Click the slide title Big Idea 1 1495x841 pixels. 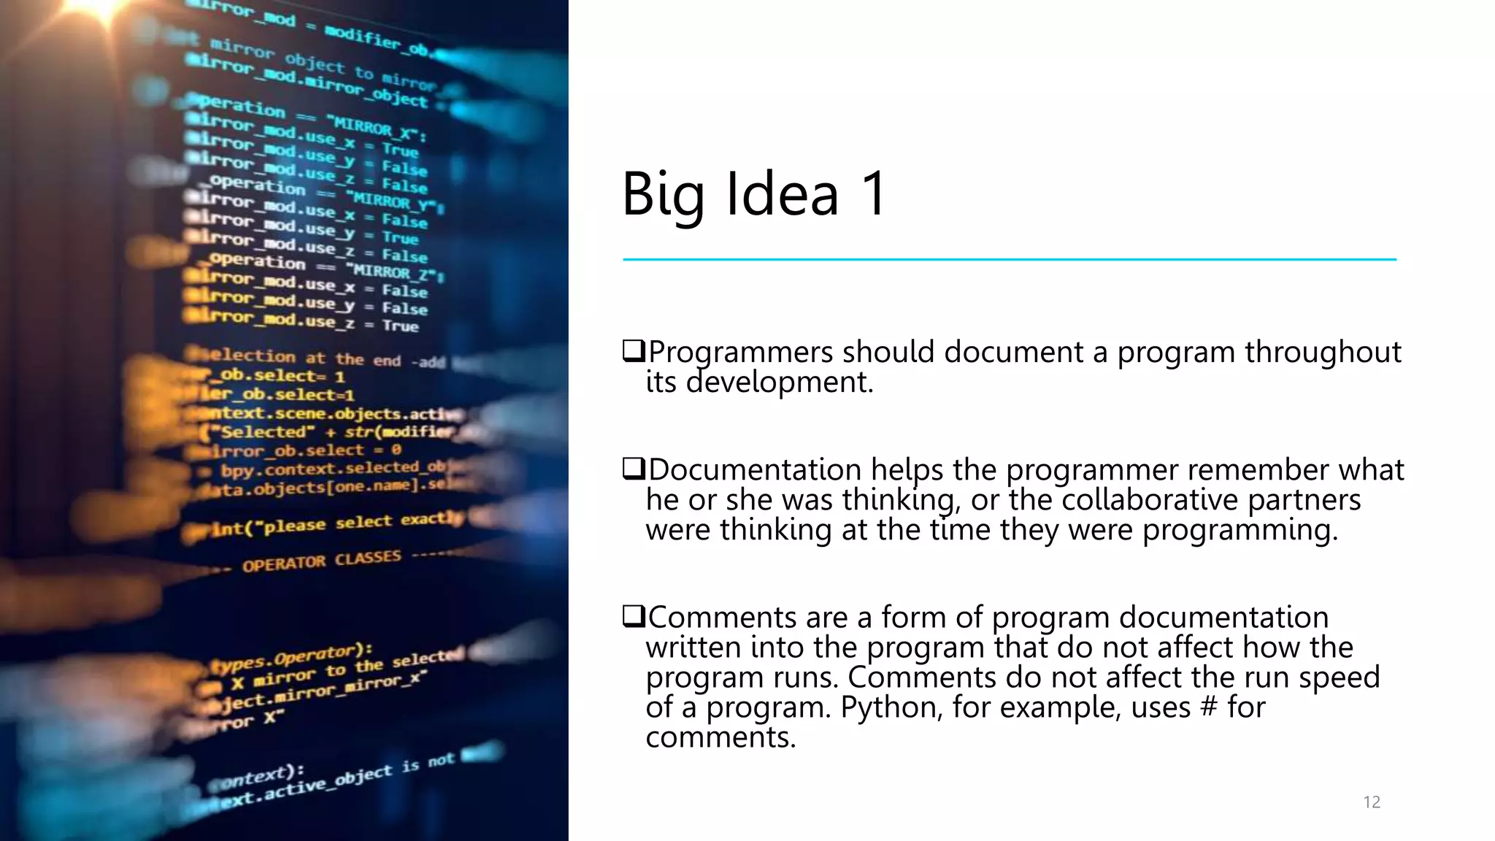pyautogui.click(x=754, y=194)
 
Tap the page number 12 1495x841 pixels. pyautogui.click(x=1371, y=802)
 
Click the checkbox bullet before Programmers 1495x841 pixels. pyautogui.click(x=633, y=351)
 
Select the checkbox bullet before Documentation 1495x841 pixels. pyautogui.click(x=633, y=469)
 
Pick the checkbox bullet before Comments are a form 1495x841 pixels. pyautogui.click(x=633, y=617)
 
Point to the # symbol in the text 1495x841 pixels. pyautogui.click(x=1209, y=707)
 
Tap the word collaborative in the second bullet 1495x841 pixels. pyautogui.click(x=1150, y=500)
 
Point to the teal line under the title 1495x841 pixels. pyautogui.click(x=1009, y=259)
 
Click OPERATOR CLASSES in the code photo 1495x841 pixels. pyautogui.click(x=322, y=561)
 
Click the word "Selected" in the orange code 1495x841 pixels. pyautogui.click(x=264, y=432)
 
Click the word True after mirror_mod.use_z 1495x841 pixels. pyautogui.click(x=400, y=326)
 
